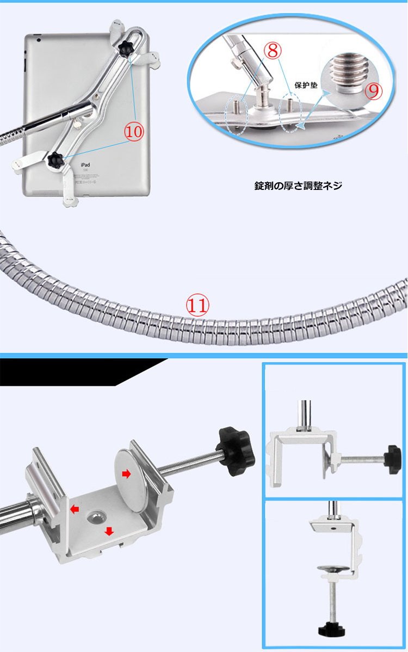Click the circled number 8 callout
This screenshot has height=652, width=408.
(273, 51)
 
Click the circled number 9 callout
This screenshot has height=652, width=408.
(373, 91)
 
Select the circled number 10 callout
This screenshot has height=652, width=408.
(134, 132)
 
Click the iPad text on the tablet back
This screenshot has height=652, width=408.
(85, 165)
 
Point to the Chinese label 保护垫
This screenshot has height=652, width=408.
(306, 85)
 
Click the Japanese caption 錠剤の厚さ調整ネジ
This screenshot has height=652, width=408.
(298, 186)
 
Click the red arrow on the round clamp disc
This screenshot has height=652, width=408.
(126, 473)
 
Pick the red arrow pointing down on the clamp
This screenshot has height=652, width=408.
(109, 531)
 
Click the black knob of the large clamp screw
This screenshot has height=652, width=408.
(233, 447)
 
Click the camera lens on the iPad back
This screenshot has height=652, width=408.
(38, 40)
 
